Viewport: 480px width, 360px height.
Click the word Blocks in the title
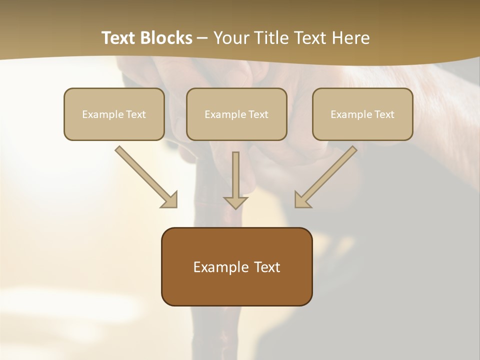[x=166, y=38]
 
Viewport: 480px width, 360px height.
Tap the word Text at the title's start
[x=118, y=38]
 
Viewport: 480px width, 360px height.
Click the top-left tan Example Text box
[x=114, y=114]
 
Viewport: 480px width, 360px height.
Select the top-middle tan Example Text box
[x=236, y=114]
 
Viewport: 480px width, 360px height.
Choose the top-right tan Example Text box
[x=362, y=114]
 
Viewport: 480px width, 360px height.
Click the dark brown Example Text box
[x=236, y=267]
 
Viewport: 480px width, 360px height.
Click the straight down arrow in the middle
[x=235, y=177]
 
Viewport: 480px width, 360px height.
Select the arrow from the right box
[x=327, y=175]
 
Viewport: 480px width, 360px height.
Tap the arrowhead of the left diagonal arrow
[x=170, y=200]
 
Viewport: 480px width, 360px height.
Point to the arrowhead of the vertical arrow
[x=235, y=202]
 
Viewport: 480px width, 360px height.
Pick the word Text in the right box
[x=384, y=114]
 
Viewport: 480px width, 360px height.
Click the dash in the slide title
[x=202, y=38]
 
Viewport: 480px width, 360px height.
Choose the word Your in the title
[x=229, y=38]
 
